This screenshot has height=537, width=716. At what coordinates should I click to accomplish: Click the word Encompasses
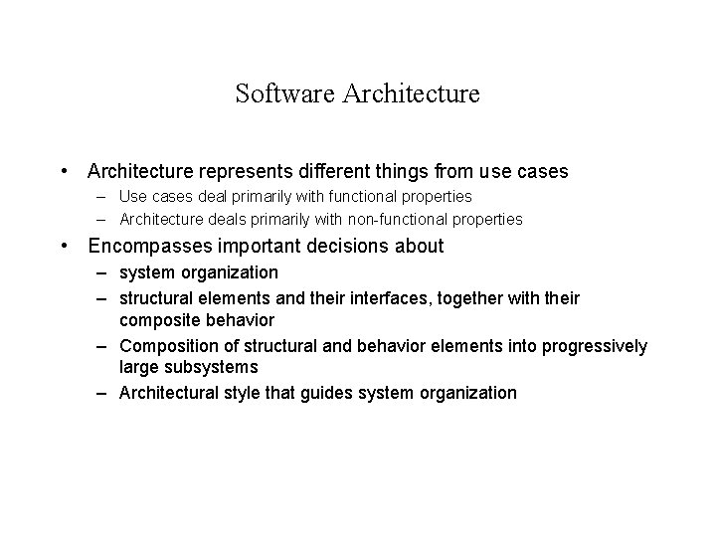click(147, 245)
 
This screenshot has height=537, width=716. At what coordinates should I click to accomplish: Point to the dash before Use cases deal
click(102, 198)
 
